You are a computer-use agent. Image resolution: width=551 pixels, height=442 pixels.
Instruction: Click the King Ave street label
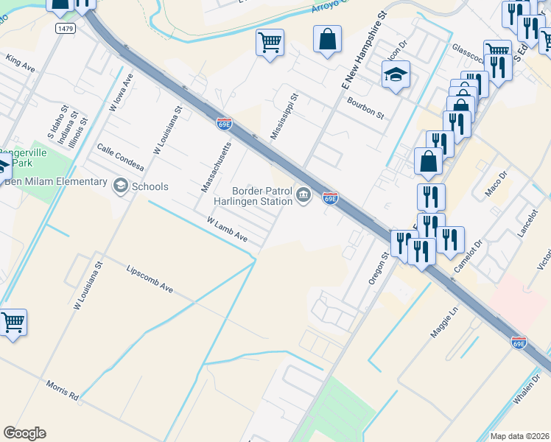20,62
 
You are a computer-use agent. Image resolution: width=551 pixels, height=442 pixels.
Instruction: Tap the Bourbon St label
366,108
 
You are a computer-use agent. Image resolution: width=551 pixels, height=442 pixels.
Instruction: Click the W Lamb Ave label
226,229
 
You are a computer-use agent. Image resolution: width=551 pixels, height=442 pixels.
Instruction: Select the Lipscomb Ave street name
150,279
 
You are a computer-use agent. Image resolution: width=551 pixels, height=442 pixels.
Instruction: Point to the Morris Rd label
62,390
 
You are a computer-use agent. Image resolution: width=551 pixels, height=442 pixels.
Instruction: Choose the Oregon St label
377,270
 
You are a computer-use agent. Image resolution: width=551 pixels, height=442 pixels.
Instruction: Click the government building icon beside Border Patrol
303,196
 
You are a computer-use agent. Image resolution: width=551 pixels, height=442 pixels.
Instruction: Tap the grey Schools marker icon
120,186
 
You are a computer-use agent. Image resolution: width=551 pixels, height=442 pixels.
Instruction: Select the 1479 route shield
65,27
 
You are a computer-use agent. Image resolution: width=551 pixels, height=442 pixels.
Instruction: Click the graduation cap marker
396,75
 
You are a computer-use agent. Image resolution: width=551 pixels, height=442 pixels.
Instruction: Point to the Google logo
25,433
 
